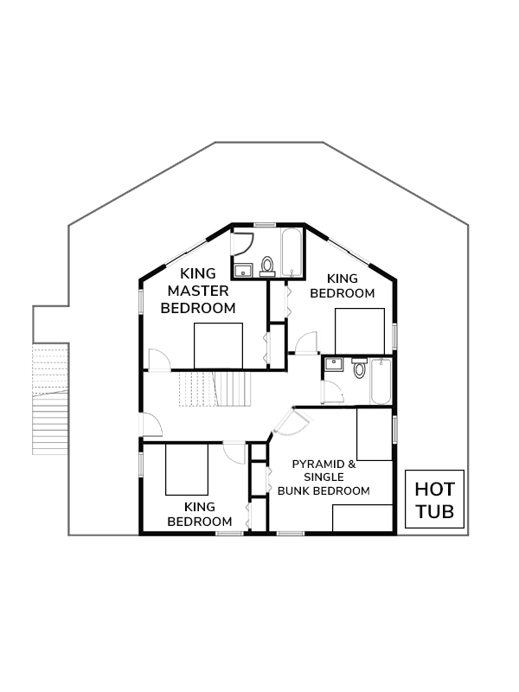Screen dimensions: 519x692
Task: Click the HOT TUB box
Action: pos(434,499)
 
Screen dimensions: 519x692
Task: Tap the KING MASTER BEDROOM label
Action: pos(198,291)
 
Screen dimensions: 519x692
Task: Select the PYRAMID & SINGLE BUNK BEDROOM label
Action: pos(324,477)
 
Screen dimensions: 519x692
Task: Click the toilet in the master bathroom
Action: pos(267,266)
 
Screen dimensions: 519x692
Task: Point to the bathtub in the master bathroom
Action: pos(292,253)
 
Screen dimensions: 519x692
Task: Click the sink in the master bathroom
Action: pos(243,270)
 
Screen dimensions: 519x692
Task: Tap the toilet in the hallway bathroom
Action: pos(360,368)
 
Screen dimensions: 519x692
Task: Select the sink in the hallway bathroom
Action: pos(334,364)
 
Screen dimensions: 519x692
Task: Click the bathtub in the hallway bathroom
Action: pos(381,381)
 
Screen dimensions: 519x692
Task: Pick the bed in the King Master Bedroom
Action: pos(219,345)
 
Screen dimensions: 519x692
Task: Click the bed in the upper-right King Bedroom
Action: pos(360,331)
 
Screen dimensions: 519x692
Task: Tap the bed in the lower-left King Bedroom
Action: pos(187,469)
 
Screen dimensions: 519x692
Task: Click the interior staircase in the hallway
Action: pos(215,388)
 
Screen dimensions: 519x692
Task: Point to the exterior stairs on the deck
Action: pos(50,400)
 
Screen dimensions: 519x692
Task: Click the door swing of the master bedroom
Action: pos(159,360)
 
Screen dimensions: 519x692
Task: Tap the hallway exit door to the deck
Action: pos(151,425)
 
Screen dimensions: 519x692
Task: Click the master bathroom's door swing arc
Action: pos(243,244)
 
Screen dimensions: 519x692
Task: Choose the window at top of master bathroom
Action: pos(265,225)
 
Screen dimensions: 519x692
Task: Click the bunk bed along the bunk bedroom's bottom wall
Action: pos(362,518)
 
